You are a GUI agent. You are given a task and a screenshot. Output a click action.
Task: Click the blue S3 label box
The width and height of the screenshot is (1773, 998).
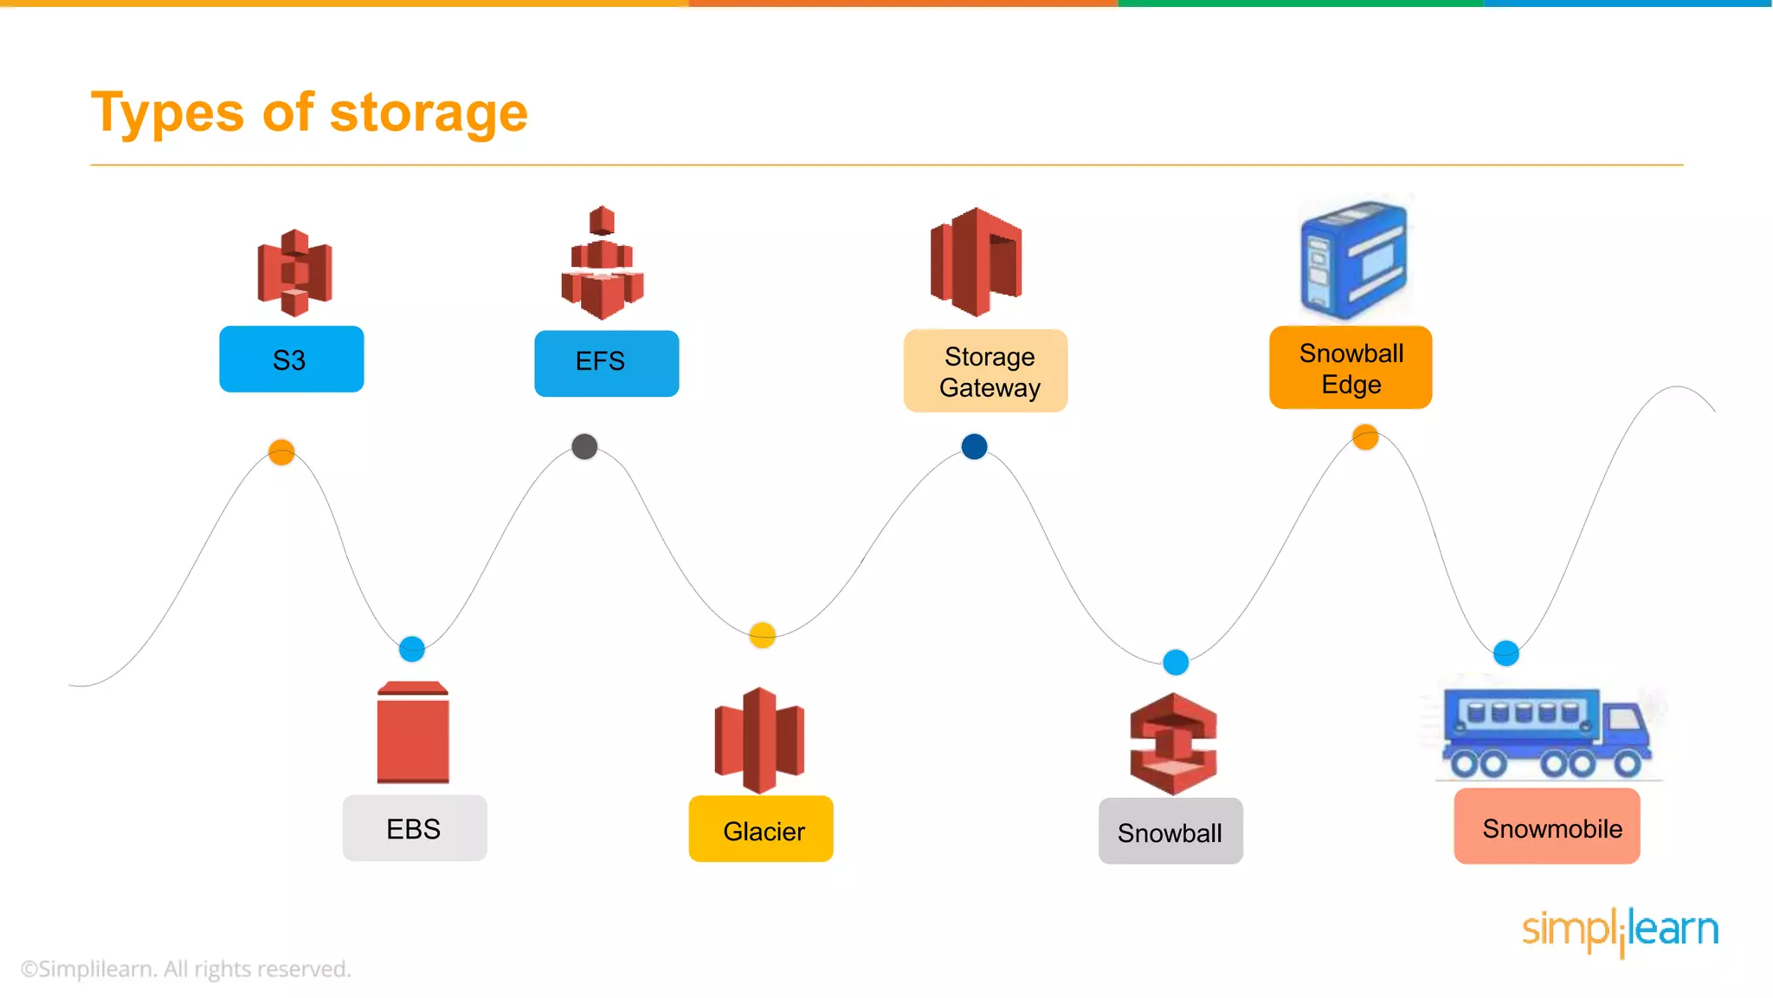click(x=291, y=360)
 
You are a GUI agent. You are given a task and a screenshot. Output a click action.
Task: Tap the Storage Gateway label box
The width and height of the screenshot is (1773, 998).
click(x=985, y=371)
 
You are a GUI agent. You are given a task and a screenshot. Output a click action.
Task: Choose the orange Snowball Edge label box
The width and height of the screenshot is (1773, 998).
click(x=1350, y=367)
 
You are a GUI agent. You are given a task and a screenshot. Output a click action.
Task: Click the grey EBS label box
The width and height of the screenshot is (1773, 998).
click(x=415, y=828)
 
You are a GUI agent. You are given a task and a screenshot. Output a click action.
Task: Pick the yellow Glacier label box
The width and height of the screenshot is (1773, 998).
click(x=761, y=829)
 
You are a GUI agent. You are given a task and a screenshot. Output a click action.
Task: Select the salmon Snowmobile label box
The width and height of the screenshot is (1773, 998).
click(x=1547, y=826)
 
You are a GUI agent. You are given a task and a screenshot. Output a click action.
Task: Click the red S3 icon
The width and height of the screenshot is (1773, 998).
click(x=294, y=272)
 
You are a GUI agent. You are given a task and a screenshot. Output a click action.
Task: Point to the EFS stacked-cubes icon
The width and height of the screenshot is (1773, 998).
click(x=603, y=263)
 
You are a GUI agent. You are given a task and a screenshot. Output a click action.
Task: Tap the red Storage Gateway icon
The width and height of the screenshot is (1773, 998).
click(x=976, y=262)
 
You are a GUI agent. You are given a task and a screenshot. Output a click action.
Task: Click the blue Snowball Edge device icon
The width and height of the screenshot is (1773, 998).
click(x=1353, y=259)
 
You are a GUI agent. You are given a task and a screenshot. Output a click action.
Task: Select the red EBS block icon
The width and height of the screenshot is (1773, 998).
click(x=413, y=733)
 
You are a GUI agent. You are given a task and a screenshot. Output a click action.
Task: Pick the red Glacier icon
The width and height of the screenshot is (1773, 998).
click(x=759, y=740)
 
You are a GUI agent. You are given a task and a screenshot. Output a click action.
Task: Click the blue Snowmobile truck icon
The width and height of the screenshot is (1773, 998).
click(x=1545, y=733)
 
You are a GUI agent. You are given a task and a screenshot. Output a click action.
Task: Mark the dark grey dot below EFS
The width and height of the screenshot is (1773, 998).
click(x=584, y=446)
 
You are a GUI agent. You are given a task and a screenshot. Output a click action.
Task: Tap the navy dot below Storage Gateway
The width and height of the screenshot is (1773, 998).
click(x=974, y=446)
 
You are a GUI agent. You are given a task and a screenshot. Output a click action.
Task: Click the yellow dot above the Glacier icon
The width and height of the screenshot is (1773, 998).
click(x=762, y=635)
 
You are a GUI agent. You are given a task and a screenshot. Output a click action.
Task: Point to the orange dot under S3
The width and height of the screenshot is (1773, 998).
click(x=281, y=451)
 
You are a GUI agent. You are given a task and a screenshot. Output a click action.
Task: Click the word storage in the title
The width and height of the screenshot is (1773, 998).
click(x=429, y=113)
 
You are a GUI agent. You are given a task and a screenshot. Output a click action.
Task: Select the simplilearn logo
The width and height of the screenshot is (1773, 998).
click(x=1620, y=931)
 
